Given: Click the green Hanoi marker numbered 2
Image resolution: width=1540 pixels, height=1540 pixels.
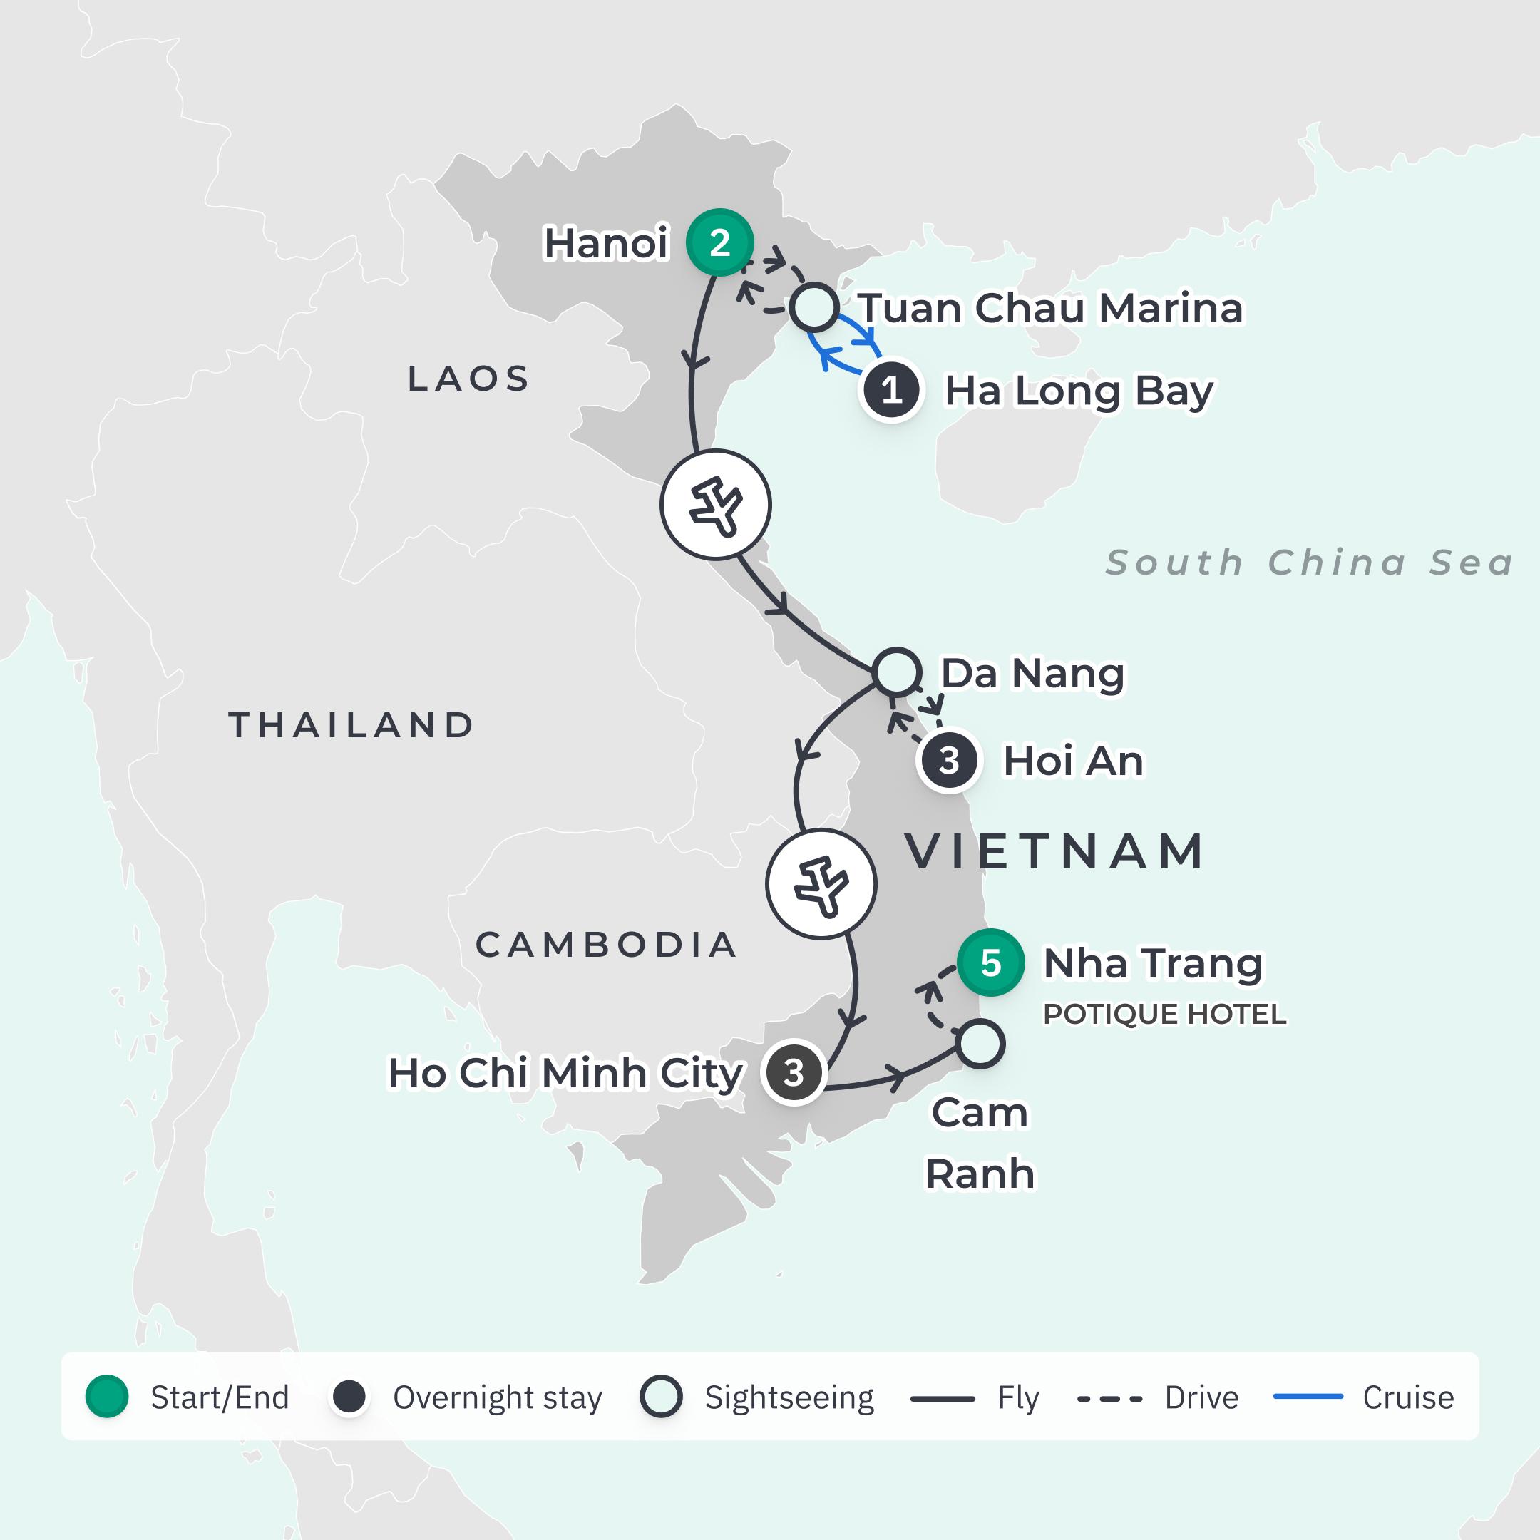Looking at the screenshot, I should tap(720, 242).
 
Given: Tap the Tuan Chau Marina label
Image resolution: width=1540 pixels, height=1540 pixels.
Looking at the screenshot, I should tap(1051, 309).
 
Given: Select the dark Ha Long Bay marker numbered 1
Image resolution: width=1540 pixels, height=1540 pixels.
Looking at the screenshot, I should tap(891, 391).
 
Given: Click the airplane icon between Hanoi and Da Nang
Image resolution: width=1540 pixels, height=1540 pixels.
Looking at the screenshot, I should tap(716, 505).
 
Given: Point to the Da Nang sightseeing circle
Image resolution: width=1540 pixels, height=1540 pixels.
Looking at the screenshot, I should tap(897, 672).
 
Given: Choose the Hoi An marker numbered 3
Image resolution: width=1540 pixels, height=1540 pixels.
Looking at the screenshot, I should tap(948, 761).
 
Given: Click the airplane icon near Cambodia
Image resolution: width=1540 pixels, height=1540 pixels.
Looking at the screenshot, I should tap(821, 884).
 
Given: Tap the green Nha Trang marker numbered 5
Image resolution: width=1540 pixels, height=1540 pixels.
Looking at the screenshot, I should tap(991, 963).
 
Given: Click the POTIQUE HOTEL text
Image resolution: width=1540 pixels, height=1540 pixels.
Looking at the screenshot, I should tap(1164, 1014).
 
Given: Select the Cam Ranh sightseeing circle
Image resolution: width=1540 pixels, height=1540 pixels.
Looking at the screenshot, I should tap(980, 1043).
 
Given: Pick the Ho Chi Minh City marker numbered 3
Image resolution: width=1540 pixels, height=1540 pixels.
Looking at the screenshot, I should tap(793, 1073).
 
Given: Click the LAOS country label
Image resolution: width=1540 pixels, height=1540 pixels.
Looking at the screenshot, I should tap(468, 379).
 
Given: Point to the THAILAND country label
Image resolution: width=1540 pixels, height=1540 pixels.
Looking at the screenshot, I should tap(351, 724).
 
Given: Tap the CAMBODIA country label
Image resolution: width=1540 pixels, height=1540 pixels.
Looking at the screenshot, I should tap(606, 945).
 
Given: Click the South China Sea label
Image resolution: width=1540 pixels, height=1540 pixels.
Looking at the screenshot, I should tap(1310, 563).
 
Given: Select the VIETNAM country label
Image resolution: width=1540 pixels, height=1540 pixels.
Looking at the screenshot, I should tap(1054, 851).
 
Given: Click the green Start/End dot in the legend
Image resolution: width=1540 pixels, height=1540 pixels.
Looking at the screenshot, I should tap(107, 1397).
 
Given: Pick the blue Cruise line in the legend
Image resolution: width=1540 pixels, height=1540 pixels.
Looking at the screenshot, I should tap(1308, 1397).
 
